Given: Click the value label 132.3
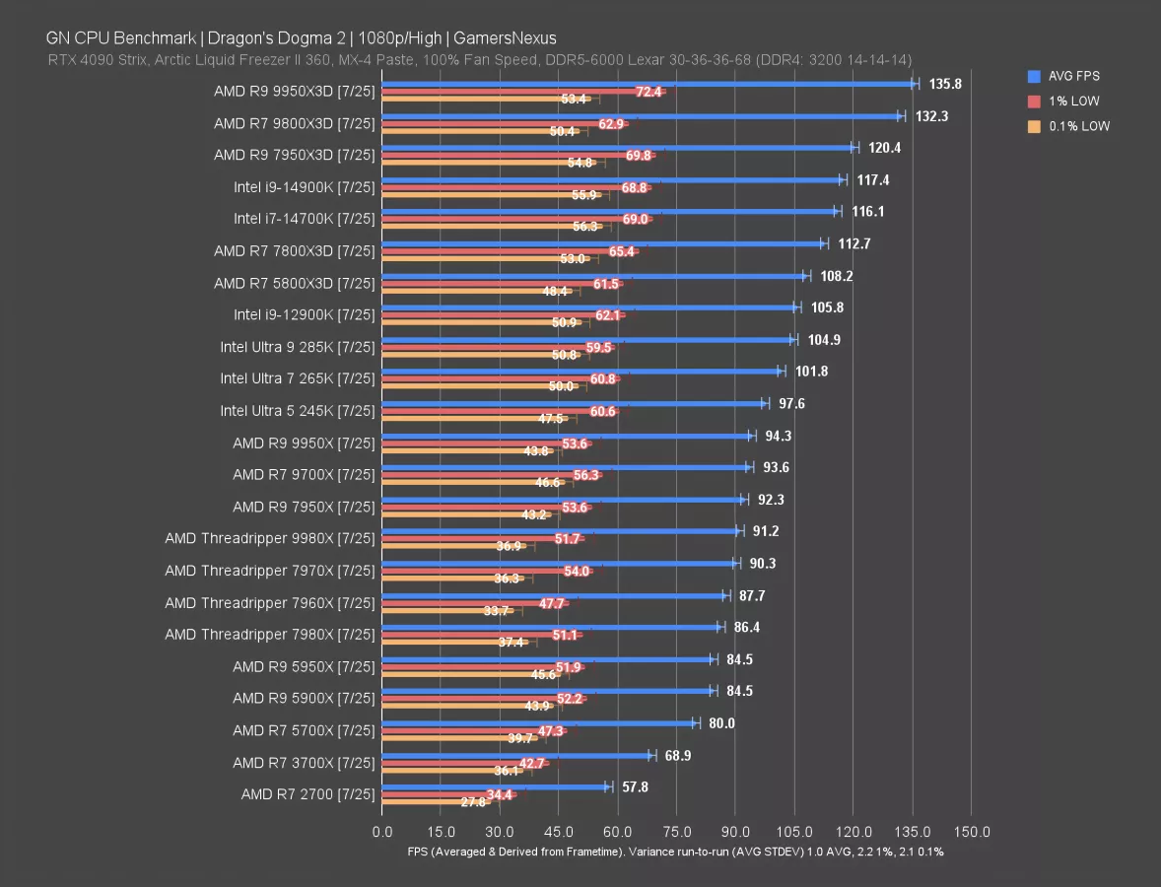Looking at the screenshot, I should tap(932, 116).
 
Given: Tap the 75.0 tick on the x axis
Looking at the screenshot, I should tap(676, 831).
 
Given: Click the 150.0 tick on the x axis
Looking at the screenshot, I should tap(972, 831).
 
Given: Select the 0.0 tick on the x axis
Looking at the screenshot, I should tap(381, 831).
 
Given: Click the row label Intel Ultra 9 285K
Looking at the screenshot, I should tap(298, 347).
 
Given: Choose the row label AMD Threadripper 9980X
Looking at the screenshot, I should tap(270, 539).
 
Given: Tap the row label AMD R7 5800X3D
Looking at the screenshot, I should tap(295, 283).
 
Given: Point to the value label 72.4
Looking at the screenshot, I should tap(649, 92).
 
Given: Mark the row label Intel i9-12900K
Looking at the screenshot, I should tap(305, 314).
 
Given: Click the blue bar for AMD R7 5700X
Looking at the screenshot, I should tap(537, 722).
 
